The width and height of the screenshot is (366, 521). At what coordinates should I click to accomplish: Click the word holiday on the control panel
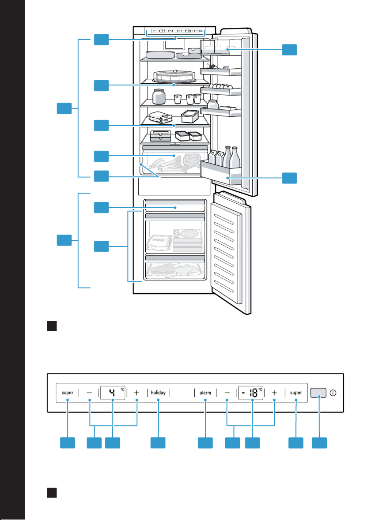click(x=158, y=393)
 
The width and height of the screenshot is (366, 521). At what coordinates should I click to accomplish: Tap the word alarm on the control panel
click(x=205, y=393)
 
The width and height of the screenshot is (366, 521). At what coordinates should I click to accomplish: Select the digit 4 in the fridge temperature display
click(x=112, y=393)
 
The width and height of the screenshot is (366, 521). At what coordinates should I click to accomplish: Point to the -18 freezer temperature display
click(x=250, y=393)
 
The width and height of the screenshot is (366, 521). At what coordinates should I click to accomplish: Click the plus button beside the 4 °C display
click(x=136, y=393)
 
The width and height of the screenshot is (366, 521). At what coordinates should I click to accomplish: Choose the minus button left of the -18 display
click(x=227, y=393)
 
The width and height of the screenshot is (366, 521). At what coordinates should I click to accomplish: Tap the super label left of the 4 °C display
click(x=67, y=393)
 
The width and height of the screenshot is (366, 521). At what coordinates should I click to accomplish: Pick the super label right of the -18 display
click(x=296, y=393)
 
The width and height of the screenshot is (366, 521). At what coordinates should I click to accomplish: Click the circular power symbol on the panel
click(x=333, y=393)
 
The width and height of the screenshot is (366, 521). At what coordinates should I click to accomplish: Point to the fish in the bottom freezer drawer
click(x=186, y=269)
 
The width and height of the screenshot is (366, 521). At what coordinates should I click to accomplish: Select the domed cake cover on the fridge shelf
click(x=174, y=76)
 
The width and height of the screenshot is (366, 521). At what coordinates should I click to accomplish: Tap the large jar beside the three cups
click(x=159, y=96)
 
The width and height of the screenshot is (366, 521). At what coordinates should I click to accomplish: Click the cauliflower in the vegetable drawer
click(x=192, y=160)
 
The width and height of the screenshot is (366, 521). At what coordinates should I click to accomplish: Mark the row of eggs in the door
click(x=221, y=86)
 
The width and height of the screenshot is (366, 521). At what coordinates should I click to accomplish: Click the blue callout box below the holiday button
click(x=158, y=443)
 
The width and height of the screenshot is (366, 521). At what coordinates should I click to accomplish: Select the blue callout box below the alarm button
click(x=205, y=443)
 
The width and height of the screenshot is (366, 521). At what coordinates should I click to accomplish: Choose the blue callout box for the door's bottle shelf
click(x=289, y=178)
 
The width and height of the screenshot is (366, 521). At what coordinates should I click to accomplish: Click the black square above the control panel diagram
click(x=52, y=326)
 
